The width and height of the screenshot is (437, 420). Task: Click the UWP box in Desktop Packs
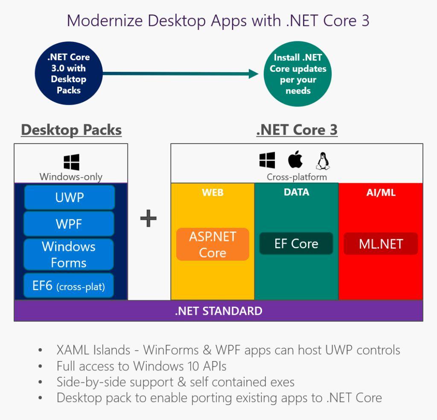70,197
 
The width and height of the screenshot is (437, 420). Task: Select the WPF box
69,224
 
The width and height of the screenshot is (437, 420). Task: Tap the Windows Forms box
69,254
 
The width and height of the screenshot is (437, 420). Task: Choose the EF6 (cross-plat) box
69,285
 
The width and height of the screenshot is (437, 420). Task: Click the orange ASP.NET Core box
213,244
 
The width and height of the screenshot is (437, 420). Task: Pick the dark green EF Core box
296,244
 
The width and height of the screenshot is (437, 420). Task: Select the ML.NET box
381,244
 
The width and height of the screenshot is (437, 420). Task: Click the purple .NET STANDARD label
218,311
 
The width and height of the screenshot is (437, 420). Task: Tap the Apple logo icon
295,160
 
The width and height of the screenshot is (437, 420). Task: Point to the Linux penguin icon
323,161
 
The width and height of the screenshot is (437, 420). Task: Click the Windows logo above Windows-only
71,162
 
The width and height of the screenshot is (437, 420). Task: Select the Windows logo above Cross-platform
267,160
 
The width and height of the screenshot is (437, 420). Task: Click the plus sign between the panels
149,219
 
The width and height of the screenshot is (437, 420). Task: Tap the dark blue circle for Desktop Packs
69,73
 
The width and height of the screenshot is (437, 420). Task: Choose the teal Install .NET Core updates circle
298,74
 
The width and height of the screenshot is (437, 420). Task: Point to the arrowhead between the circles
253,74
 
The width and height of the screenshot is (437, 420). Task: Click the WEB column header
213,193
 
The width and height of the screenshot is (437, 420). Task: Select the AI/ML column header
381,193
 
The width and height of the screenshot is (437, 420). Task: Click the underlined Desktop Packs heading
71,130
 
